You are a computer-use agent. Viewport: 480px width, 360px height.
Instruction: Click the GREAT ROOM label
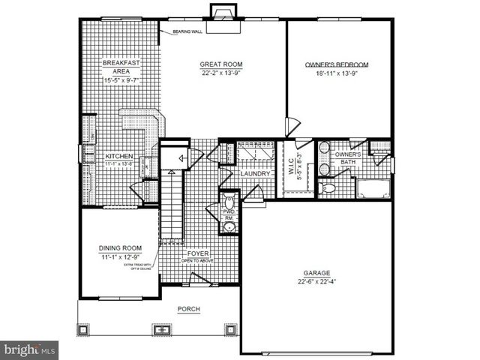click(x=218, y=64)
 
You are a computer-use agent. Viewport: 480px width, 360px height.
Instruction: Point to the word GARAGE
click(x=315, y=273)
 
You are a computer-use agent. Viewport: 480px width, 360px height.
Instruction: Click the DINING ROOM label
click(x=120, y=248)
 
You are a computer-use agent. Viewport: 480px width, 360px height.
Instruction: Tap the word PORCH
click(x=187, y=309)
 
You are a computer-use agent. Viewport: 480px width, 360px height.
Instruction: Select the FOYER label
click(x=199, y=253)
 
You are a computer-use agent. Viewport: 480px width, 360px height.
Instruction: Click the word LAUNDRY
click(x=254, y=174)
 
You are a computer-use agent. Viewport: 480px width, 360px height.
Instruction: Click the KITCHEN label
click(x=119, y=155)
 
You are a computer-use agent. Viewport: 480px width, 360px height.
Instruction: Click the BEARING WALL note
click(x=187, y=32)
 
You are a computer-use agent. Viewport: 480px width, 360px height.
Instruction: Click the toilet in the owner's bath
click(x=327, y=188)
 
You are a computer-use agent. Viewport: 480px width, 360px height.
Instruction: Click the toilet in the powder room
click(x=229, y=202)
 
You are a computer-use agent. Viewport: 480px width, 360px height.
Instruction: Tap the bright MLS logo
click(x=29, y=349)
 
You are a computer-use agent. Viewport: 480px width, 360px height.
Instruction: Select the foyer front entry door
click(x=200, y=279)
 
